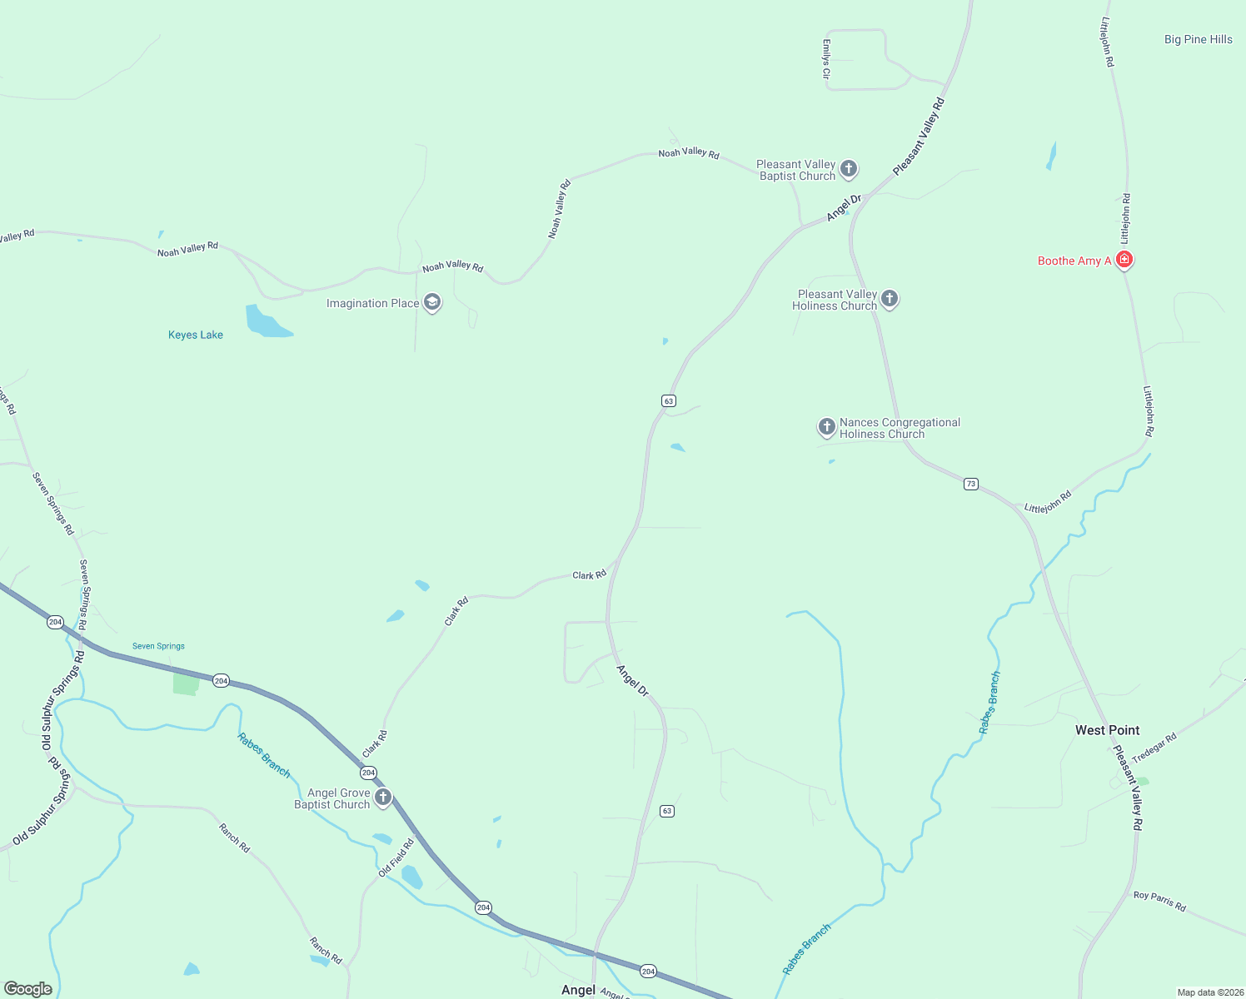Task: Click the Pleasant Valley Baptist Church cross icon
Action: point(849,170)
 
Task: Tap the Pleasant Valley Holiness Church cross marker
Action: point(890,299)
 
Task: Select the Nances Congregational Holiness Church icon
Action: point(826,427)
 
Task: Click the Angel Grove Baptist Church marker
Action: point(383,798)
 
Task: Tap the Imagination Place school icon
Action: point(432,302)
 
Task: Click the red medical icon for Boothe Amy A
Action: point(1124,260)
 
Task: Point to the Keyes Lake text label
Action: point(196,335)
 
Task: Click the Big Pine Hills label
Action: point(1198,39)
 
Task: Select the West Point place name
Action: point(1107,730)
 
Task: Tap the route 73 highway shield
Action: point(971,484)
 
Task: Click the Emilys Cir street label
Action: point(826,59)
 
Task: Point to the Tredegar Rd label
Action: point(1154,748)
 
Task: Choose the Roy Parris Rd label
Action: point(1159,901)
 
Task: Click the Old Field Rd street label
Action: point(396,858)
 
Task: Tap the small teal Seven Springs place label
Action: point(158,646)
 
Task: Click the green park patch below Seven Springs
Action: point(186,683)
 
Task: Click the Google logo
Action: point(28,988)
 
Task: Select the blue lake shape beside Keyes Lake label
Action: point(265,322)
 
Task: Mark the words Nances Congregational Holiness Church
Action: point(900,428)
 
